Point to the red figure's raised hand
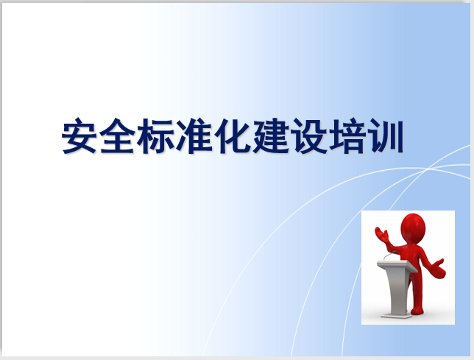(381, 234)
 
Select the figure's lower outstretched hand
(440, 269)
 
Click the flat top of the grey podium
(395, 264)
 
